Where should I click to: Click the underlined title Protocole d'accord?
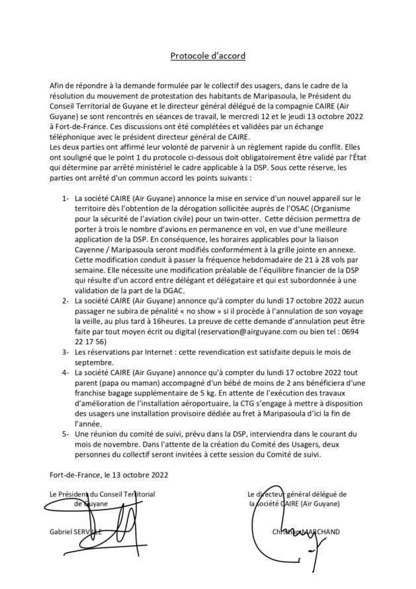208,56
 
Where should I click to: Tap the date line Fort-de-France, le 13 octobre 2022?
108,474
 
